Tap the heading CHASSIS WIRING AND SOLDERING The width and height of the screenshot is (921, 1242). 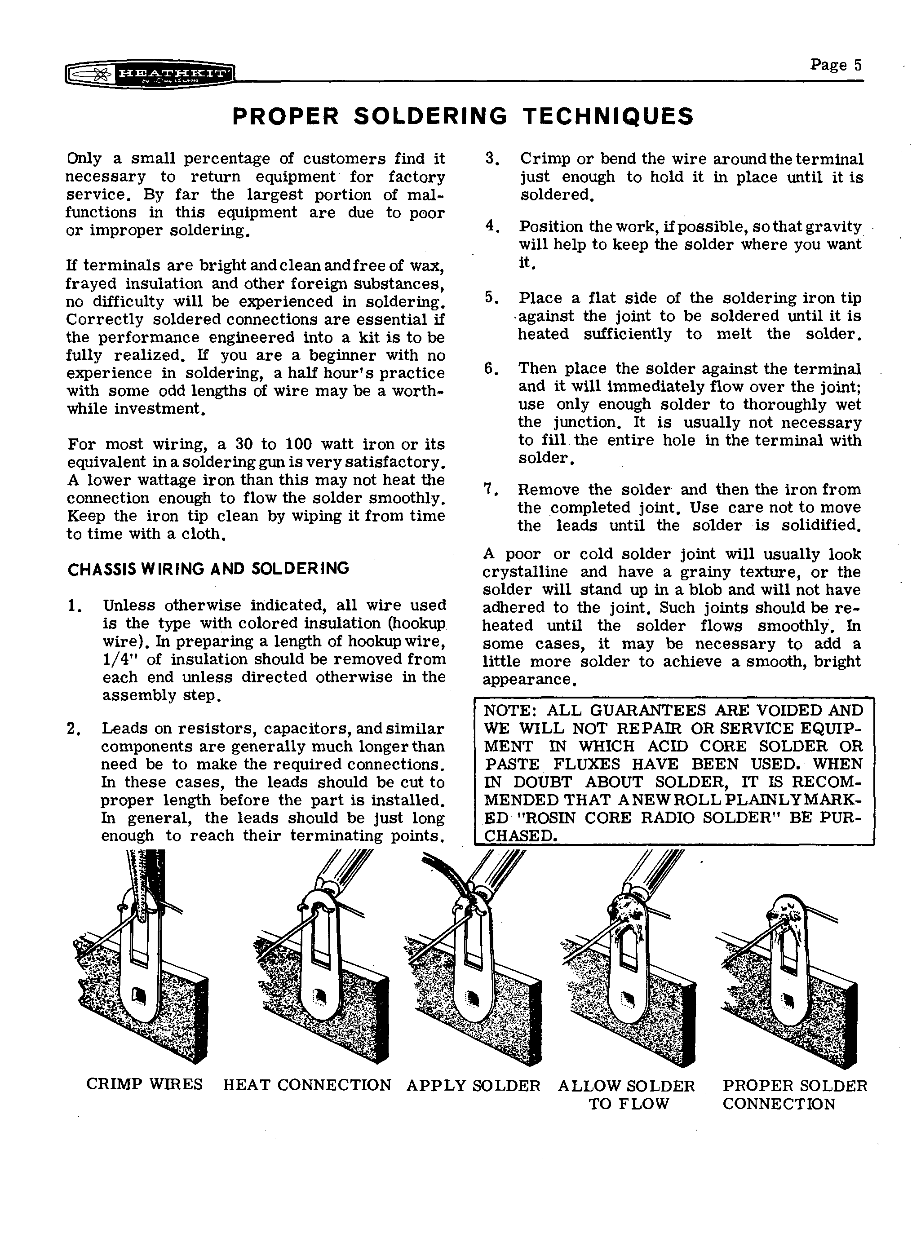click(208, 569)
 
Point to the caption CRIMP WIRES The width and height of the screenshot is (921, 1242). click(144, 1084)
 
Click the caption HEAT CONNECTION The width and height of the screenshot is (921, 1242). click(307, 1085)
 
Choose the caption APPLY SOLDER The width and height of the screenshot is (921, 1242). click(474, 1085)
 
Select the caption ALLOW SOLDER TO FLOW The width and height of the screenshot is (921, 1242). click(627, 1094)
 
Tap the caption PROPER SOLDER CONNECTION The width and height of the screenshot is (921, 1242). click(795, 1094)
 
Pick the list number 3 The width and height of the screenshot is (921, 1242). click(490, 159)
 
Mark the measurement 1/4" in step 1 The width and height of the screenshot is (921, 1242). click(120, 659)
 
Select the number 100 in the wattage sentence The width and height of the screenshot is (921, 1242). click(301, 444)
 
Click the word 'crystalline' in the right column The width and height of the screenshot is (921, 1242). click(525, 572)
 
